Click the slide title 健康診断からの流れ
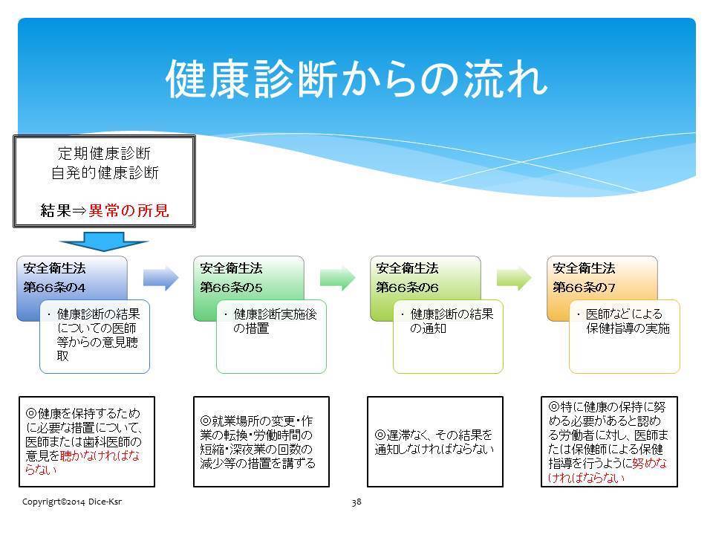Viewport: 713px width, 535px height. click(356, 80)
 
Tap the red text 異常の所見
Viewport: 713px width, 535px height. click(128, 210)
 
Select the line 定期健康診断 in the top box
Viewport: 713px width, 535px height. click(104, 153)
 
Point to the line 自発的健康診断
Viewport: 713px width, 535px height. click(105, 173)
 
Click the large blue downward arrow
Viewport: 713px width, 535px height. click(104, 241)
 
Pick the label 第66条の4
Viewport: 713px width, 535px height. click(54, 288)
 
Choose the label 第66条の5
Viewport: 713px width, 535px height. click(231, 288)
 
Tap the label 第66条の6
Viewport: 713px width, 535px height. click(408, 288)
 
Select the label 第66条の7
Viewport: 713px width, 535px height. click(584, 288)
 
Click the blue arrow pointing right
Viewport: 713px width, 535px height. click(161, 277)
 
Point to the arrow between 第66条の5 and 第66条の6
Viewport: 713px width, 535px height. click(337, 277)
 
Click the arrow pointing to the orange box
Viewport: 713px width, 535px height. click(514, 277)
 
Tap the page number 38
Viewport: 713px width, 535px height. click(356, 502)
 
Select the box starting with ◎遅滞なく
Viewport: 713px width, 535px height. click(435, 441)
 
